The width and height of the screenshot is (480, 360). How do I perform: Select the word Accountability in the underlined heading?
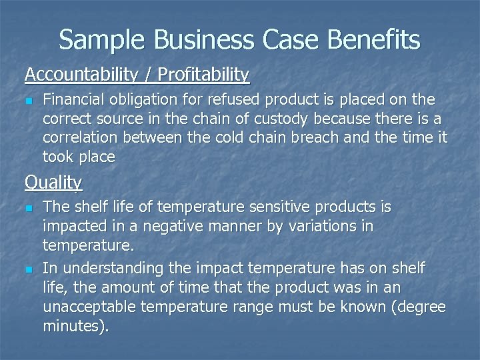point(77,75)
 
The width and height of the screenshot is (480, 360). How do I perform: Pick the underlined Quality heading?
point(53,181)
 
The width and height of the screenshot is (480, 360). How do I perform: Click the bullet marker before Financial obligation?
point(29,100)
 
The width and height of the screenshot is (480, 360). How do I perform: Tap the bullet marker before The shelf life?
point(29,208)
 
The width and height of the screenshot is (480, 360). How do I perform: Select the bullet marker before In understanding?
point(29,269)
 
